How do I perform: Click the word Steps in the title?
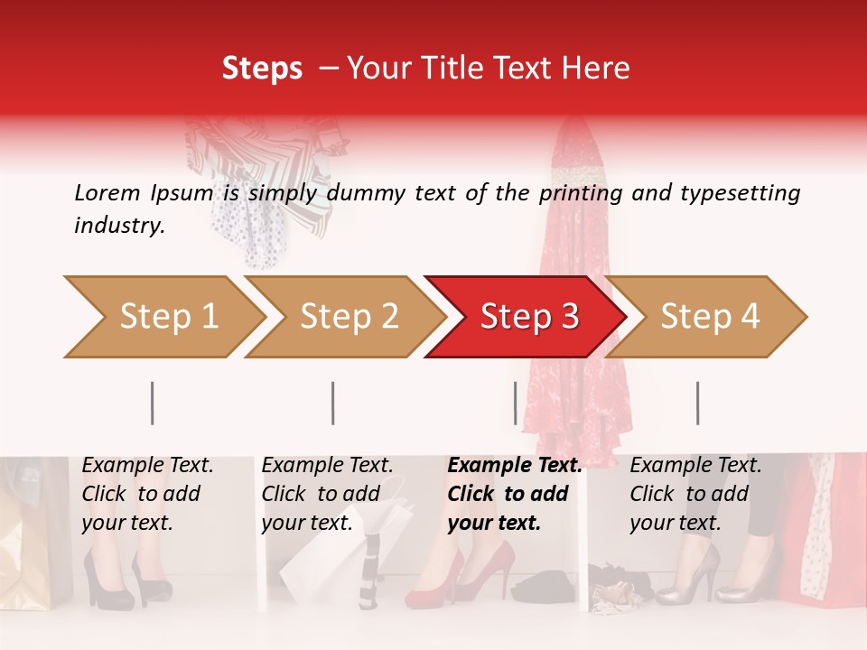[262, 69]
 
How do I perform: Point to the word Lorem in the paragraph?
[107, 192]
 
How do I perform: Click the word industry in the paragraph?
[117, 226]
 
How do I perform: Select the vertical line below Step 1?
[153, 403]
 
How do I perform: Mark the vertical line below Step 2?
[333, 403]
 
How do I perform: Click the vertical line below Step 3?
[516, 403]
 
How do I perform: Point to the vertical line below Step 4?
[698, 403]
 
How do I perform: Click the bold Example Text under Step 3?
[514, 466]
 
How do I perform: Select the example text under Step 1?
[147, 494]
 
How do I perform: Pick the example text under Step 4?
[695, 494]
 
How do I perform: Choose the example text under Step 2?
[326, 494]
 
